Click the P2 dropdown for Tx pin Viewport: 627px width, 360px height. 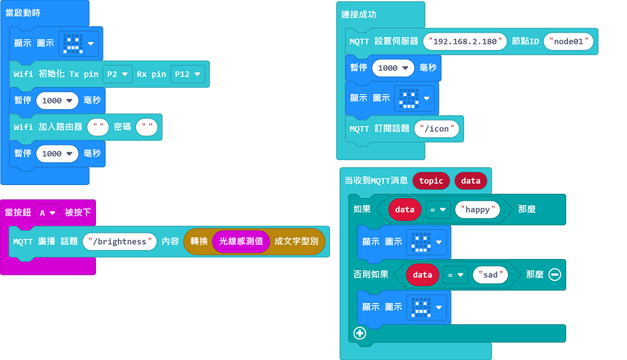tap(117, 74)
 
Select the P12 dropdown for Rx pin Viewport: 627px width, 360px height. tap(188, 74)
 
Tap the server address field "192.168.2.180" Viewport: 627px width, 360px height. tap(465, 41)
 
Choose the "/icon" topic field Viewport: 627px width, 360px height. tap(437, 129)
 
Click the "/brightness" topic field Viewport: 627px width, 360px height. tap(119, 241)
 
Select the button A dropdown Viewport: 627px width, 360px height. tap(48, 213)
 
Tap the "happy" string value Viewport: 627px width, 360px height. tap(477, 209)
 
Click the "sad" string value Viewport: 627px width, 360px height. tap(490, 275)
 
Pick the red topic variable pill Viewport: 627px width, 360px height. tap(431, 181)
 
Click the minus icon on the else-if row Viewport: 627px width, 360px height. tap(554, 275)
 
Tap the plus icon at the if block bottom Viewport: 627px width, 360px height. tap(360, 333)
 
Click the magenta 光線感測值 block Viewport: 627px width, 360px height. tap(241, 241)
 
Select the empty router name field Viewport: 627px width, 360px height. tap(98, 127)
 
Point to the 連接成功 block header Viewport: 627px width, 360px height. tap(359, 14)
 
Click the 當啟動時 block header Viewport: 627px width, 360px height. tap(23, 13)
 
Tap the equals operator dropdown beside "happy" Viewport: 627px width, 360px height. tap(438, 209)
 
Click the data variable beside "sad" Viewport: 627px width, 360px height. tap(422, 275)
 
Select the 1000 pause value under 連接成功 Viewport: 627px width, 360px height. tap(393, 68)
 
